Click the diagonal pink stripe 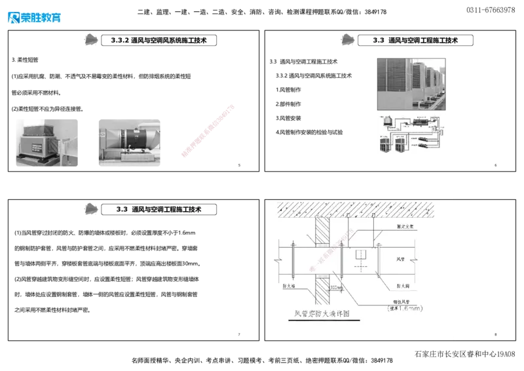[x=208, y=130]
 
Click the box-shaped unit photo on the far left [x=46, y=142]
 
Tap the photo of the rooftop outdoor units [x=413, y=83]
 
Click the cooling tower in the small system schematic [x=386, y=124]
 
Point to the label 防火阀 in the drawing [x=403, y=286]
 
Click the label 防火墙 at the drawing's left [x=286, y=285]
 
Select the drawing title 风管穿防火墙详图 [x=322, y=315]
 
